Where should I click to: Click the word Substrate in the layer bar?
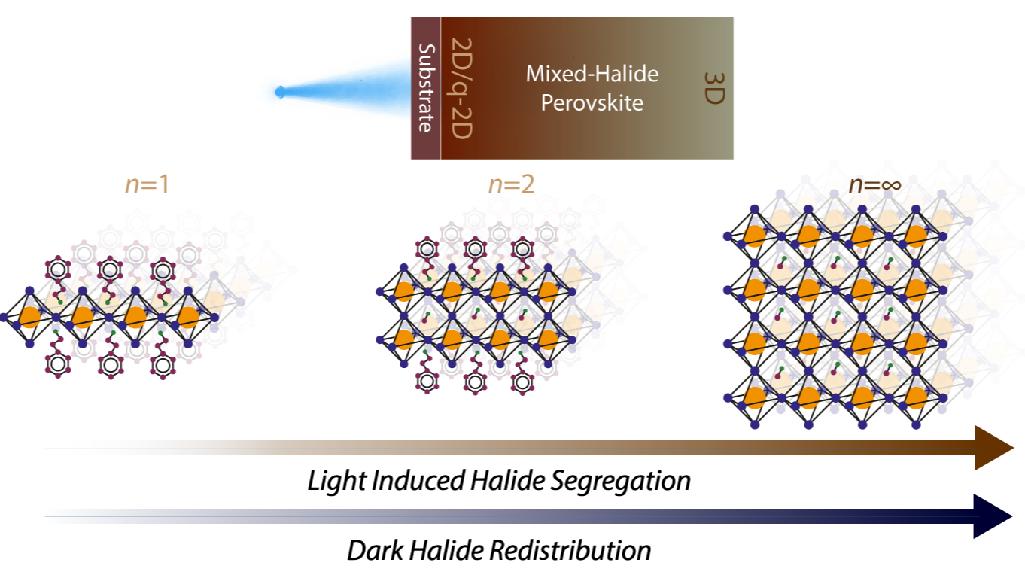(x=426, y=88)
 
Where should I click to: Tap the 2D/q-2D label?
(x=461, y=88)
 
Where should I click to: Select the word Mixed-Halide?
(x=592, y=74)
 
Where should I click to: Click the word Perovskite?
(x=592, y=102)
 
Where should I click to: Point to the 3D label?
(x=714, y=88)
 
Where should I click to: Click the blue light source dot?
(x=280, y=92)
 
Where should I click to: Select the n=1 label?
(x=148, y=185)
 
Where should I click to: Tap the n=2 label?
(x=511, y=185)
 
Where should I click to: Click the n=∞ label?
(x=875, y=185)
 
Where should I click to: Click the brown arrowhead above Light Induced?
(x=993, y=448)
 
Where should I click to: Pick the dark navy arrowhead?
(x=992, y=516)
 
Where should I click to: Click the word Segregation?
(x=620, y=482)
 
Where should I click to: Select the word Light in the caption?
(x=336, y=482)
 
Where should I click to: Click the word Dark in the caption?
(x=376, y=550)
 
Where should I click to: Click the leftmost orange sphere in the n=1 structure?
(x=30, y=317)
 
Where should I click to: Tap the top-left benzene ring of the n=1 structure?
(x=58, y=269)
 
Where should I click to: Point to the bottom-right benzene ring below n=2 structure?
(x=522, y=382)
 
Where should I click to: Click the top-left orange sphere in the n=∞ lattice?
(x=755, y=236)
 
